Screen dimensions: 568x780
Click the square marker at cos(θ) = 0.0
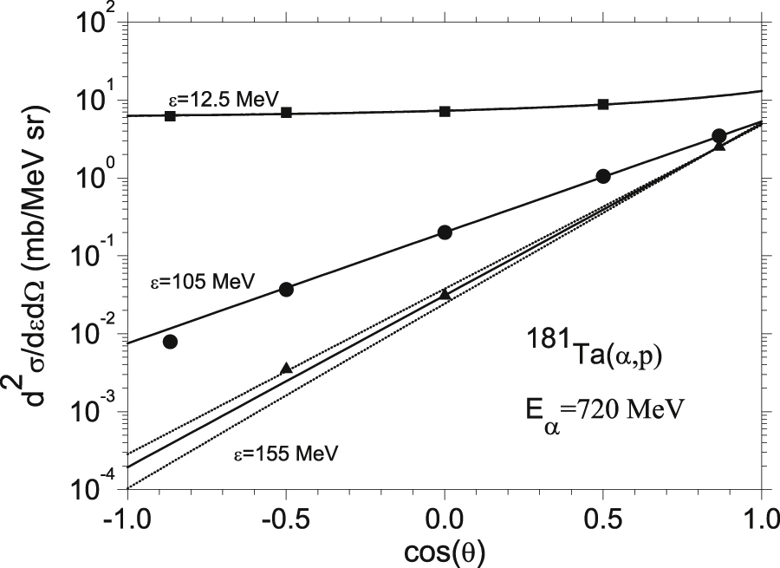pyautogui.click(x=445, y=111)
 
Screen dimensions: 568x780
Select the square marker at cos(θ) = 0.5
pyautogui.click(x=603, y=104)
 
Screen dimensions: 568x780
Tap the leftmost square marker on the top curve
pyautogui.click(x=170, y=115)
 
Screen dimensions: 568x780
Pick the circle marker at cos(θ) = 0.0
pyautogui.click(x=445, y=232)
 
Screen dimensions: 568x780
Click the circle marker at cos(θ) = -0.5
pyautogui.click(x=286, y=289)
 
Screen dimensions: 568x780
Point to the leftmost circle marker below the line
pyautogui.click(x=170, y=342)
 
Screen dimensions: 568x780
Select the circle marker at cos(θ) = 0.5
pyautogui.click(x=603, y=176)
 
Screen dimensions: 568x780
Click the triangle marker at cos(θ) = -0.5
pyautogui.click(x=286, y=369)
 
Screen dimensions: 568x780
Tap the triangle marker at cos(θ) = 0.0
pyautogui.click(x=445, y=295)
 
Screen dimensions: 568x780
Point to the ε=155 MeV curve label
pyautogui.click(x=285, y=452)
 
